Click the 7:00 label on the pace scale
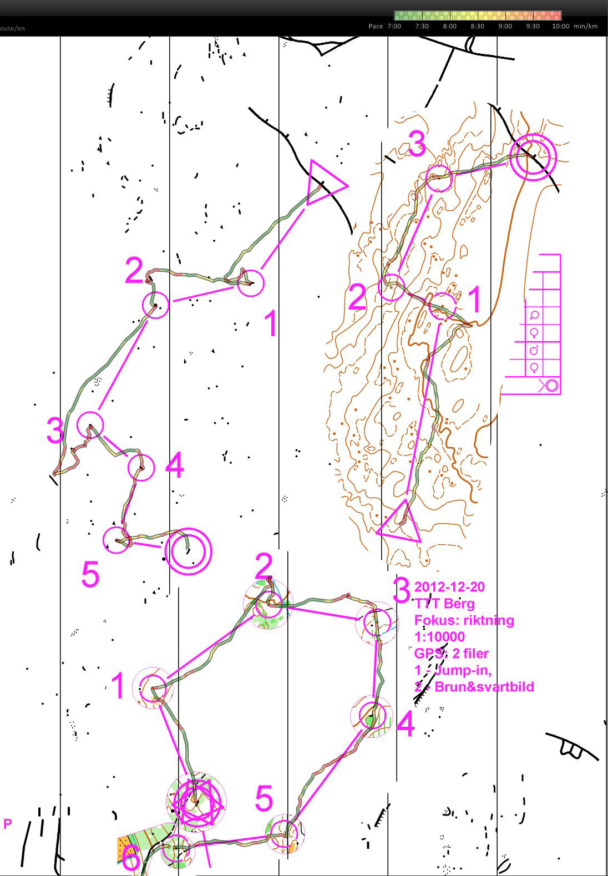point(394,26)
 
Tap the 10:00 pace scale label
point(560,26)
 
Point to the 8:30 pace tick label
point(477,26)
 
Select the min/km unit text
point(586,26)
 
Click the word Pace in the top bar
point(376,26)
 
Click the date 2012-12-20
point(449,587)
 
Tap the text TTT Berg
point(444,604)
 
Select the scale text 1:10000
point(439,637)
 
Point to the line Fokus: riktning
point(464,620)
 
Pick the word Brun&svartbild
point(484,687)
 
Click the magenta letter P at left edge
point(7,823)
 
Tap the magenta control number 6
point(131,860)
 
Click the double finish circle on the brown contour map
point(533,157)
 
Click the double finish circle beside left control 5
point(189,551)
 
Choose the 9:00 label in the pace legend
point(505,26)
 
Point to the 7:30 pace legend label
point(422,26)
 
